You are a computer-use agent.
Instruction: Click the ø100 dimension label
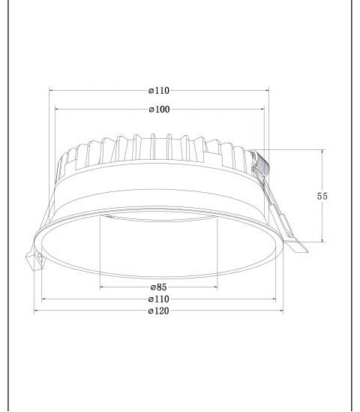point(159,110)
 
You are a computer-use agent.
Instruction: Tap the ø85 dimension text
point(158,287)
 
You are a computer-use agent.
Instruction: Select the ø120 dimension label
point(158,311)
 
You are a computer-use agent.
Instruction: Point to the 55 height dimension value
point(322,196)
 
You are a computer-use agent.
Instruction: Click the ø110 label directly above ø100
point(159,91)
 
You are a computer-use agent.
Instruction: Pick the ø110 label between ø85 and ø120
point(158,299)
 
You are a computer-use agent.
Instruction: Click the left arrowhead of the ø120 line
point(37,311)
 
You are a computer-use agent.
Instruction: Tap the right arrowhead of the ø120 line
point(280,311)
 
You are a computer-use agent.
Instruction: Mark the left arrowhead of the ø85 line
point(103,287)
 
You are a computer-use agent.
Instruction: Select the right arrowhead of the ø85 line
point(214,287)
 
